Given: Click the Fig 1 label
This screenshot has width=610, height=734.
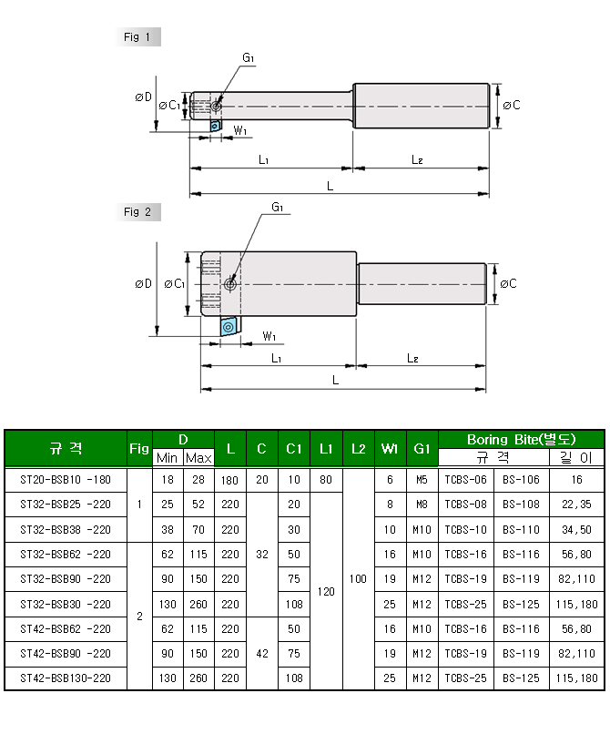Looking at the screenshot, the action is pyautogui.click(x=137, y=37).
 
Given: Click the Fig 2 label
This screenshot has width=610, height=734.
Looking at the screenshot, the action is pyautogui.click(x=137, y=212).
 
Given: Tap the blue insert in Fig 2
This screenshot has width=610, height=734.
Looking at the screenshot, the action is pyautogui.click(x=229, y=326).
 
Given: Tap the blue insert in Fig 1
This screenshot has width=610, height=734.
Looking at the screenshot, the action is pyautogui.click(x=215, y=126).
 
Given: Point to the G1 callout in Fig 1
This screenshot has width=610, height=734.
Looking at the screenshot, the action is pyautogui.click(x=249, y=58).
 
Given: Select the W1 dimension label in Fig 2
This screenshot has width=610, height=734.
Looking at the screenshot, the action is pyautogui.click(x=269, y=336).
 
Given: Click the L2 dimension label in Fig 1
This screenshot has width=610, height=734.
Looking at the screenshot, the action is pyautogui.click(x=417, y=160).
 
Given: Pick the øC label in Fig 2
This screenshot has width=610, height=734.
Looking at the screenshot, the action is pyautogui.click(x=508, y=284).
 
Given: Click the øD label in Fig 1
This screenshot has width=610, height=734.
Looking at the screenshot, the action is pyautogui.click(x=143, y=97).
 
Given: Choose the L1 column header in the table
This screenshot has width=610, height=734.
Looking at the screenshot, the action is pyautogui.click(x=326, y=449).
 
